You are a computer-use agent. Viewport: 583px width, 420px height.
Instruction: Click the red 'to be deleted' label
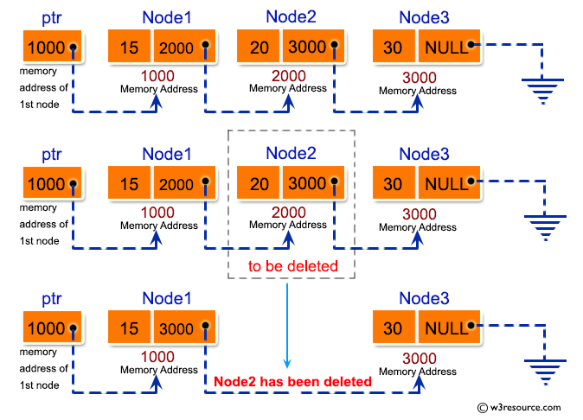coord(292,266)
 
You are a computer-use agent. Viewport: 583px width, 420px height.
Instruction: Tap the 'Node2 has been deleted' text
coord(292,381)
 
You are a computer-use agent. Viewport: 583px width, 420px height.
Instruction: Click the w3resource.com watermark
coord(519,407)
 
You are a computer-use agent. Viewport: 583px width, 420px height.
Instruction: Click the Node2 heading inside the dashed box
coord(291,153)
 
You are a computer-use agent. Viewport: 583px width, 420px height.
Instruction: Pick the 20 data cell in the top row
coord(256,47)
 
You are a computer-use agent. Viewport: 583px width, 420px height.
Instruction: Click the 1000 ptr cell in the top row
coord(50,47)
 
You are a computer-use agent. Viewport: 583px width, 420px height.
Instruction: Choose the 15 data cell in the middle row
coord(130,183)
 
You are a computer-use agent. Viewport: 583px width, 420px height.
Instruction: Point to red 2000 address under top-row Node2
coord(288,75)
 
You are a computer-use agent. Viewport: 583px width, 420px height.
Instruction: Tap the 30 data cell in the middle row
coord(394,183)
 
